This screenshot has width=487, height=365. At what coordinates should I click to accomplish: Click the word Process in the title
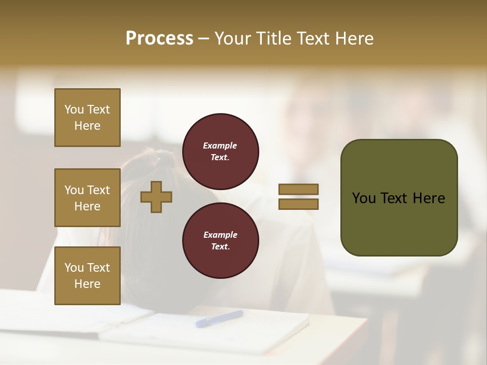pos(159,39)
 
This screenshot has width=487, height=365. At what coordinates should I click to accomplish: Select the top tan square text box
pos(87,118)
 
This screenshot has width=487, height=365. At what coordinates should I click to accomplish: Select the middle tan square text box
pos(87,198)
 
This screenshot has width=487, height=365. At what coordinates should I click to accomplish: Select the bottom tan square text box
pos(87,276)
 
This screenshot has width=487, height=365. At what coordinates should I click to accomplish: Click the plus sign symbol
pos(156,197)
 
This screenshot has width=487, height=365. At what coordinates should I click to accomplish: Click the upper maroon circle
pos(220,152)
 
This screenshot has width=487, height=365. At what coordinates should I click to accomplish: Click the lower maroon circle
pos(220,240)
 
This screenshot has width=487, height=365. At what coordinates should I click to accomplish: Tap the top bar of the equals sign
pos(298,190)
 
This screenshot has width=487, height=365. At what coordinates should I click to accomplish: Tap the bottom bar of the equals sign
pos(298,204)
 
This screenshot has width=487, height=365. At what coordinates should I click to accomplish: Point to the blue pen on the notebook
pos(219,318)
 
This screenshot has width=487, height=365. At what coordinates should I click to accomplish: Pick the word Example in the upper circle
pos(220,145)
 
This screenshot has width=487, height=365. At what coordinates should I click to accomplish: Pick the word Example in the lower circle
pos(220,235)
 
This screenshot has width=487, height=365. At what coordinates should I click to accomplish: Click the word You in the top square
pos(74,109)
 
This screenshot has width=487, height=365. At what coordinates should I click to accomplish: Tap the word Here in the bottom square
pos(87,284)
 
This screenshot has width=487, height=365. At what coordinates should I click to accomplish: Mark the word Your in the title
pos(233,39)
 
